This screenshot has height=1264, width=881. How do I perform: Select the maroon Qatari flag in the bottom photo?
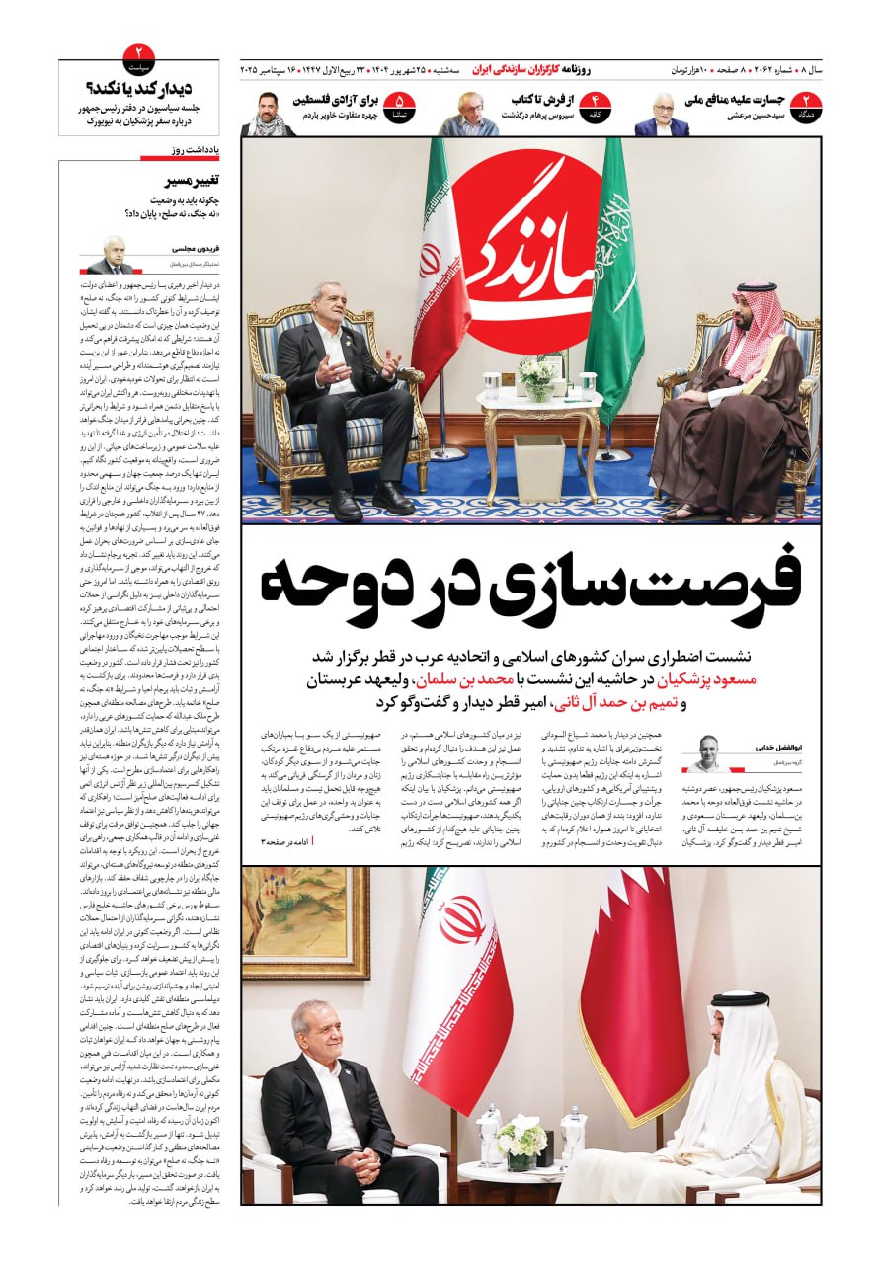coord(633,987)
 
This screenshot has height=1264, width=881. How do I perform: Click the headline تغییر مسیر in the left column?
coord(194,181)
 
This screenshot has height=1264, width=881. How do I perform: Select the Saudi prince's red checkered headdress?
coord(751,326)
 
